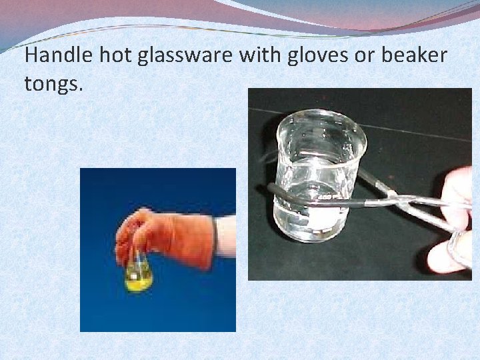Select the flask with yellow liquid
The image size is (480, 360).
pos(138,273)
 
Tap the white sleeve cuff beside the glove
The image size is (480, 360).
pos(225,237)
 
